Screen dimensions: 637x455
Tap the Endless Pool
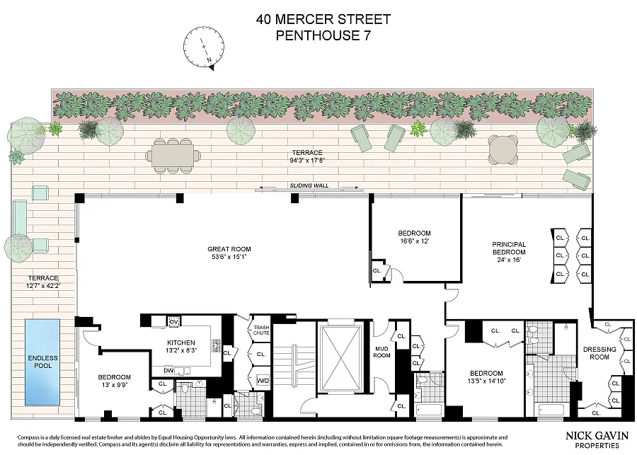42,362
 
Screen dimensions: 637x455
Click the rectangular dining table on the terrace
173,156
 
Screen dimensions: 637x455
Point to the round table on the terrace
503,149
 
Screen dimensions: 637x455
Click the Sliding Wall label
309,185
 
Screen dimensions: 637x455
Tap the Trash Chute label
261,330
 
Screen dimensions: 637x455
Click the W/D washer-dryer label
263,381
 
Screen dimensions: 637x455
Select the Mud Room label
382,352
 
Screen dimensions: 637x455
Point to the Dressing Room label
599,353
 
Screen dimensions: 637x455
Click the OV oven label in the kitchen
173,322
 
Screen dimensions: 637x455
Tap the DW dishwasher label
168,371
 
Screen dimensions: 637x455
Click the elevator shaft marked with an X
340,358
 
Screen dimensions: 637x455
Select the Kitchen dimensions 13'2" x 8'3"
181,350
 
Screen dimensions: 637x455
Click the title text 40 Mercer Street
323,19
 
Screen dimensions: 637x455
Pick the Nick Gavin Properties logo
597,440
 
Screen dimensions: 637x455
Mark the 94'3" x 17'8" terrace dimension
307,161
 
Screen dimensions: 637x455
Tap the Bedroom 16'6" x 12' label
414,237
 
